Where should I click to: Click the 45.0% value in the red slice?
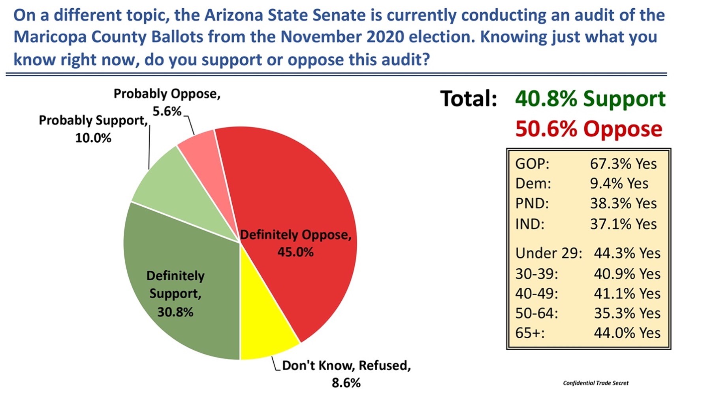click(x=295, y=252)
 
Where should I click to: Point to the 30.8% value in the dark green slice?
click(x=175, y=312)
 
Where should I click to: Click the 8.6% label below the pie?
click(x=346, y=383)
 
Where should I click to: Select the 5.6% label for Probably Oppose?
click(x=167, y=111)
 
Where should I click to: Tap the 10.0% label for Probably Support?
click(x=93, y=138)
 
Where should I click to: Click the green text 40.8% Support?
click(x=590, y=99)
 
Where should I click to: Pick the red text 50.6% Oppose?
click(x=589, y=129)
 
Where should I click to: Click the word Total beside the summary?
click(x=469, y=99)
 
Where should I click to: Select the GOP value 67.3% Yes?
click(x=623, y=164)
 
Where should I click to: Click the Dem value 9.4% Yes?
click(x=619, y=183)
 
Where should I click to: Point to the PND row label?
click(x=532, y=204)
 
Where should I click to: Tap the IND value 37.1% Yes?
click(x=623, y=224)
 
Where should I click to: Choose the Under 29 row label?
click(x=548, y=253)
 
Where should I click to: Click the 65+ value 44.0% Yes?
click(x=627, y=333)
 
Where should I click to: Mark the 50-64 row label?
click(x=536, y=313)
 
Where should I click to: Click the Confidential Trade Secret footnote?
click(x=595, y=383)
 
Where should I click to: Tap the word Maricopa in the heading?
click(x=50, y=37)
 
